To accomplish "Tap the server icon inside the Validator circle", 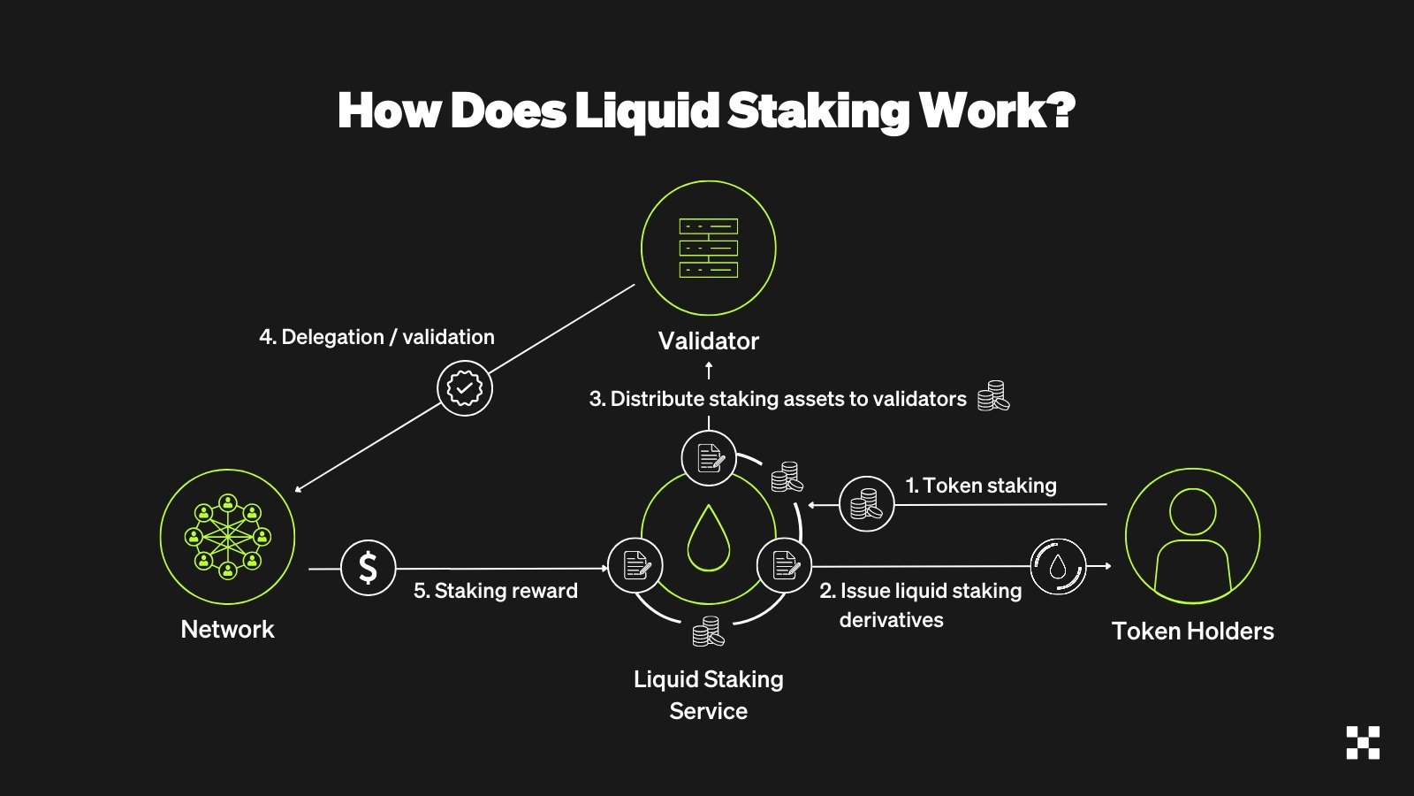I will click(x=708, y=249).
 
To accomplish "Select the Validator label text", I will click(x=708, y=341).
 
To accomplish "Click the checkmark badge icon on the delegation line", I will click(x=465, y=388).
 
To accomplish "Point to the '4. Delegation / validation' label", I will click(x=376, y=337).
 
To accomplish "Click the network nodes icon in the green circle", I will click(x=227, y=537).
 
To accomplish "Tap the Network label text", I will click(x=227, y=630).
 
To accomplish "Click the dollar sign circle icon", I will click(x=368, y=568).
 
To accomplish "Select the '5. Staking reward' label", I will click(x=496, y=591).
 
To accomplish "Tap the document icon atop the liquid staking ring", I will click(x=709, y=458).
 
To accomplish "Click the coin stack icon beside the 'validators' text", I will click(x=993, y=396).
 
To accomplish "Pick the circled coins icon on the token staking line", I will click(x=866, y=504).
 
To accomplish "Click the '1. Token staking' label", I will click(x=981, y=486).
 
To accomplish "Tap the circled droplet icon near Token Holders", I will click(x=1058, y=567).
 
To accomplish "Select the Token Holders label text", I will click(x=1192, y=631).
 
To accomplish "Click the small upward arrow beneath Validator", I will click(x=709, y=371).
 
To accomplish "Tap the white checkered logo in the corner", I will click(x=1363, y=743).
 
